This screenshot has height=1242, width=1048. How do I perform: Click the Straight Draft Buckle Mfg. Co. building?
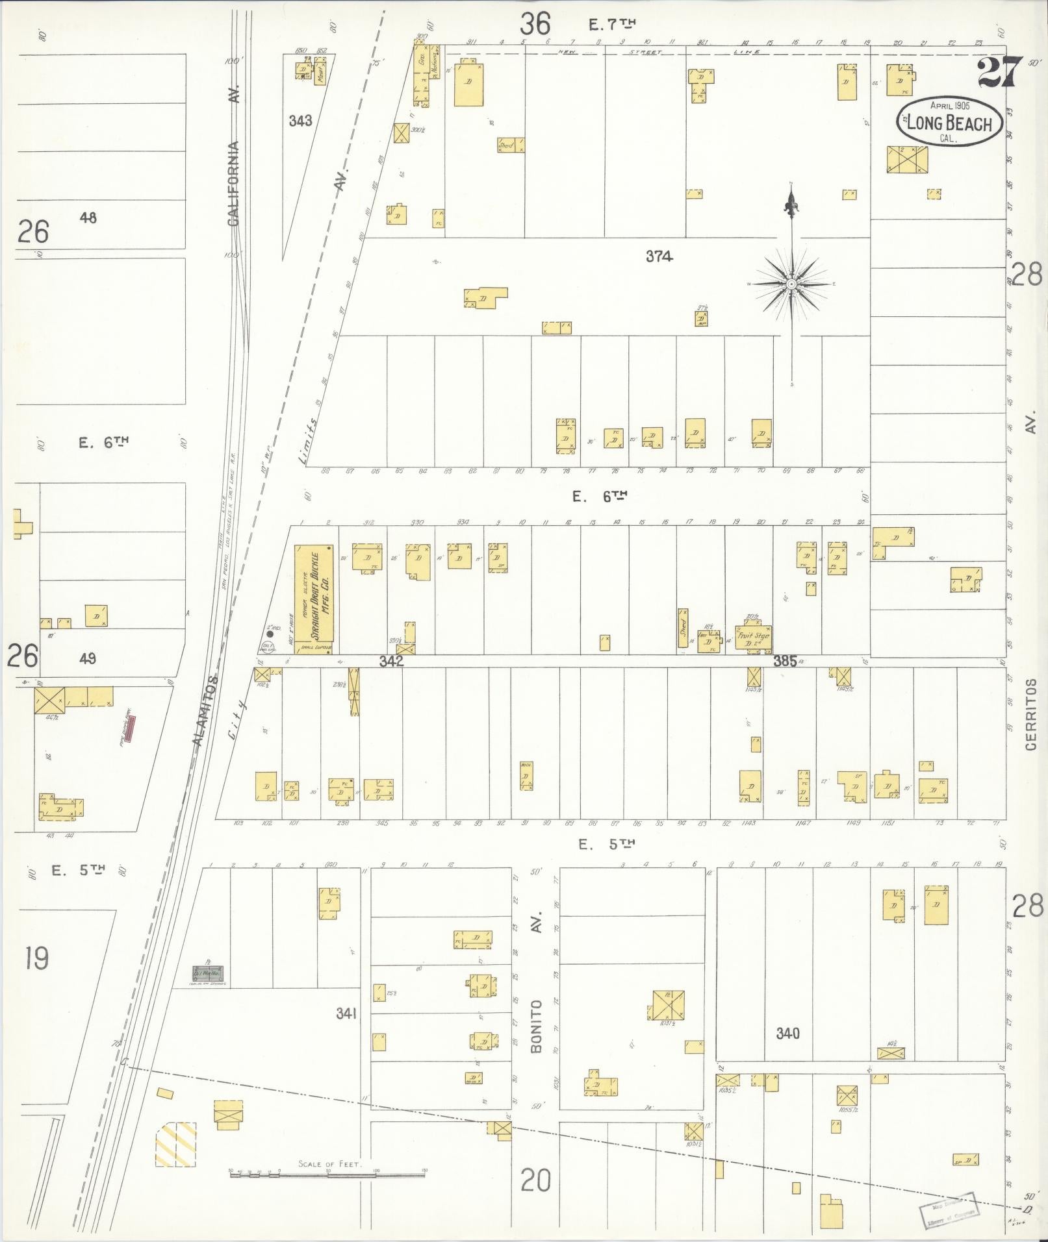(314, 598)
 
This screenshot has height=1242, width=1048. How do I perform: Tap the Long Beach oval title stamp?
(949, 122)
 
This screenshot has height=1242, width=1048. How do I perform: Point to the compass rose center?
(791, 284)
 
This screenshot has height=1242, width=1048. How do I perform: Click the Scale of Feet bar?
(328, 1174)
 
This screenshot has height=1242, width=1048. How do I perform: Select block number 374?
(658, 256)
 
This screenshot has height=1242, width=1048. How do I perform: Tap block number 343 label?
(300, 121)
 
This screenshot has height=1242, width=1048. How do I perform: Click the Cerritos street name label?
(1030, 714)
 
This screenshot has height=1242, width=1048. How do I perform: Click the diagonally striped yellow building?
(175, 1144)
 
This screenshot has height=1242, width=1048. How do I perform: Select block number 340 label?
(787, 1033)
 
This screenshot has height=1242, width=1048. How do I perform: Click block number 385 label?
(784, 661)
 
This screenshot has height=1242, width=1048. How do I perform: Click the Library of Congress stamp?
(950, 1209)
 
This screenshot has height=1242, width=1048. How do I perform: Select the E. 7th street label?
(611, 25)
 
